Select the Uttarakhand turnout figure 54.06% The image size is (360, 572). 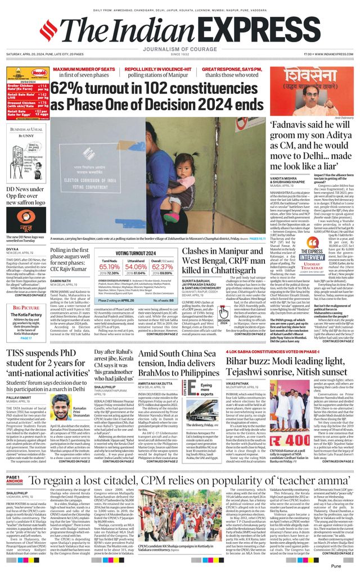[136, 267]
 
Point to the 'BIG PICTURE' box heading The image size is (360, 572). [26, 308]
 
